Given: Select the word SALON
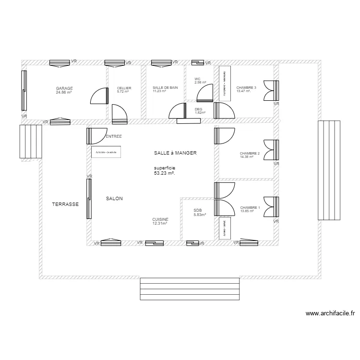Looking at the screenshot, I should (x=114, y=198).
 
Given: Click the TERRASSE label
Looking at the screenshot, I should (x=65, y=204).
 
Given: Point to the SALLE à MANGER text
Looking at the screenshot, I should (x=176, y=153).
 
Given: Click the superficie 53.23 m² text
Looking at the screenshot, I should (x=165, y=170).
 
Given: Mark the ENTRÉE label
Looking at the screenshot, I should (x=114, y=136).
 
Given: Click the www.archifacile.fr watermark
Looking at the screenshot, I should (x=330, y=313).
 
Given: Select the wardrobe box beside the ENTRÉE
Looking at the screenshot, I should (x=107, y=152).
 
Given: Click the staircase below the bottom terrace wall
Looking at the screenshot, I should (x=189, y=288).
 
